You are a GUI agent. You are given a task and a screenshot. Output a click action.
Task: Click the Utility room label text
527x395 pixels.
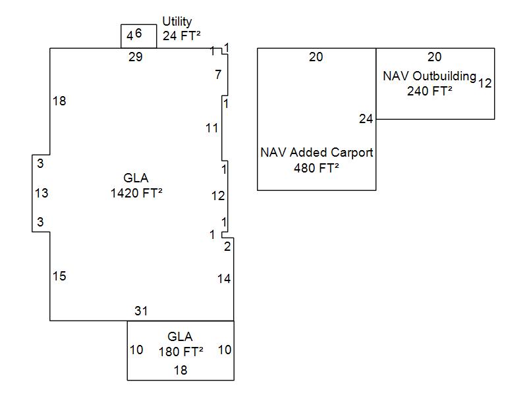point(177,22)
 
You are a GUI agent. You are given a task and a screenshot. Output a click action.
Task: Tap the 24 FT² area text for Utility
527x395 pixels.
point(181,36)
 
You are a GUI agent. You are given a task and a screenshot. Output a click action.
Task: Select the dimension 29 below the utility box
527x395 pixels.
point(135,57)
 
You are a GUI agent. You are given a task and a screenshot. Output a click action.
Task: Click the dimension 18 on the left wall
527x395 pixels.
point(59,101)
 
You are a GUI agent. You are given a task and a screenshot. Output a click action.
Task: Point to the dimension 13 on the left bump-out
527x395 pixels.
point(41,193)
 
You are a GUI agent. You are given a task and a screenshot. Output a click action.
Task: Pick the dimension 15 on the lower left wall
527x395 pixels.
point(59,276)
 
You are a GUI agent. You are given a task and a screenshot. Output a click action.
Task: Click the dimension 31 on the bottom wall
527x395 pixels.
point(141,311)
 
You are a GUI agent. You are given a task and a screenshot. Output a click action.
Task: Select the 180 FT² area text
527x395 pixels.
point(180,351)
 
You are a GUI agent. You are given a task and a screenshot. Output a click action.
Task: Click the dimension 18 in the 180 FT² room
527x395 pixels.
point(180,370)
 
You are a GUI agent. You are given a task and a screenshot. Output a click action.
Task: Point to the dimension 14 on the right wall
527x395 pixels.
point(224,278)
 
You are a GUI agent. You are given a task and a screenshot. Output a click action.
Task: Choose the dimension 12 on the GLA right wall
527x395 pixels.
point(218,196)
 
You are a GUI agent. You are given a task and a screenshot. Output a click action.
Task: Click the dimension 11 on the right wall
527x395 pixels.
point(211,128)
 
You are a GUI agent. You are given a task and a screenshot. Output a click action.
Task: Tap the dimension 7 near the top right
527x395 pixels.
point(218,74)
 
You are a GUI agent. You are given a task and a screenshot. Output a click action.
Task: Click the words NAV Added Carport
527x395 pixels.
point(317,152)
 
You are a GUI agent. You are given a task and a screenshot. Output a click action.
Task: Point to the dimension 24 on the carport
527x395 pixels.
point(366,118)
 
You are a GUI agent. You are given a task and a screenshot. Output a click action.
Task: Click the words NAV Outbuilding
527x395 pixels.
point(429,76)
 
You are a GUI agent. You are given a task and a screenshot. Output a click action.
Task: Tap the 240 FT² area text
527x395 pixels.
point(430,92)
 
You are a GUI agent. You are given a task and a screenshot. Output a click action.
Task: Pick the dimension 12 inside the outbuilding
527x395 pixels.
point(485,83)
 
